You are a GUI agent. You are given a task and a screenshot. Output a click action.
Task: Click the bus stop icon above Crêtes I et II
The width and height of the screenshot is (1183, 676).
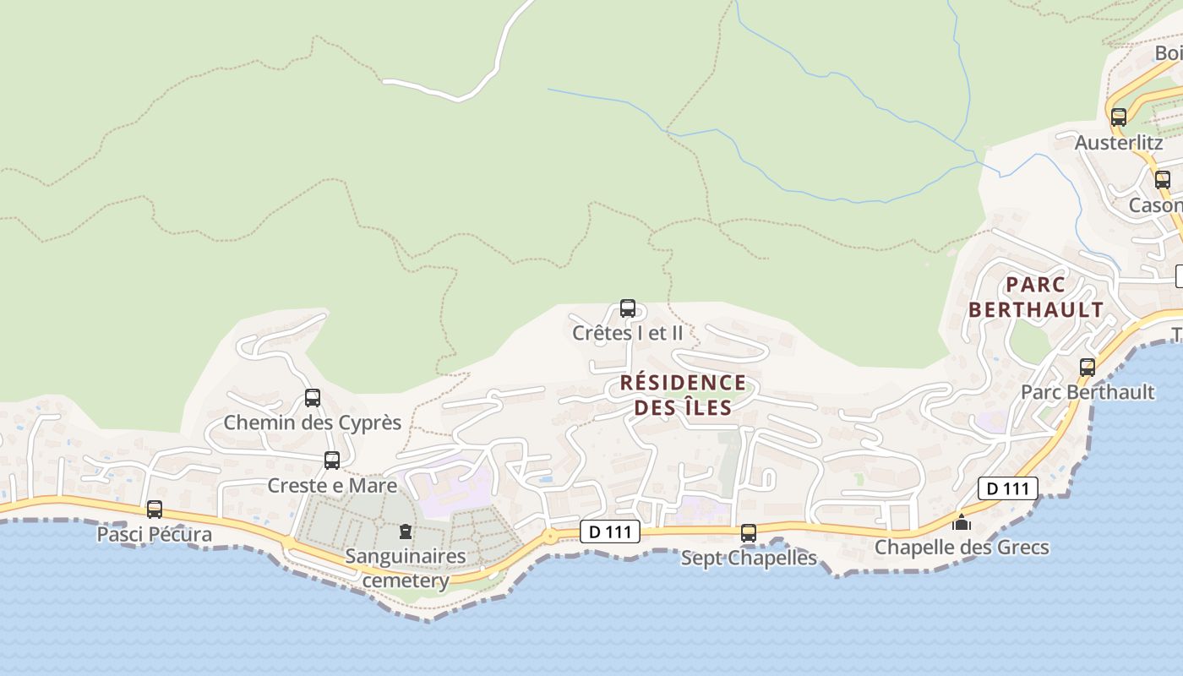tap(627, 308)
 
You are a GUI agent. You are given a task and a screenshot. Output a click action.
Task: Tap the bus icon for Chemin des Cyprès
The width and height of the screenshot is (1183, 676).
tap(313, 398)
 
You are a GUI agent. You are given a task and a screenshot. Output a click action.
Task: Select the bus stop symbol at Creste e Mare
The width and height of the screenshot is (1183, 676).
tap(332, 461)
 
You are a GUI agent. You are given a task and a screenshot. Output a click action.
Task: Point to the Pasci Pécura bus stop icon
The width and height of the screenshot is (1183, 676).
tap(154, 510)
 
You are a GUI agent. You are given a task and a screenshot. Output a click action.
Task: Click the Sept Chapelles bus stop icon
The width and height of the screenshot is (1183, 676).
tap(748, 533)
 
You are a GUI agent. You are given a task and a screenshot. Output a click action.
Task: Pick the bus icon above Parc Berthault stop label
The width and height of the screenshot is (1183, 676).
tap(1088, 368)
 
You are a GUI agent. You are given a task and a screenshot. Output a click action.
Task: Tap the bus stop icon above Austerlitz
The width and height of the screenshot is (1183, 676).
tap(1119, 117)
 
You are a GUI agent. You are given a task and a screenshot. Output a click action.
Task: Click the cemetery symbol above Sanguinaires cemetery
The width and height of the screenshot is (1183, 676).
tap(406, 532)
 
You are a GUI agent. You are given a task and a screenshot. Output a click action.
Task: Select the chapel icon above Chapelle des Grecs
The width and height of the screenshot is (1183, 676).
tap(962, 523)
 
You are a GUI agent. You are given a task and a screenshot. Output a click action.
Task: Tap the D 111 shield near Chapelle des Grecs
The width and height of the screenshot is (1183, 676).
tap(1007, 488)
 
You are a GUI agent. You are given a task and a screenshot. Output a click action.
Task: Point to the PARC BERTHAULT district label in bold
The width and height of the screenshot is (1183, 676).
tap(1036, 297)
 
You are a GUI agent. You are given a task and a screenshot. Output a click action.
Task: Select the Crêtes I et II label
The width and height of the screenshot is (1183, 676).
tap(628, 333)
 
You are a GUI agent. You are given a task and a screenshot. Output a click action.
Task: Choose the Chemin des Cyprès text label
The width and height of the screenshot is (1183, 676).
tap(312, 422)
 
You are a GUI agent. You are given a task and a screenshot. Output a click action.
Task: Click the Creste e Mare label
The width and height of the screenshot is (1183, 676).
tap(332, 486)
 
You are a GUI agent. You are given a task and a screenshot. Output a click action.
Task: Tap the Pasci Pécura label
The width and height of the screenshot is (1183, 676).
tap(154, 535)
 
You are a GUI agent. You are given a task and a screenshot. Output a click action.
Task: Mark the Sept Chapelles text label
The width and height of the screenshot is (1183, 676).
tap(749, 559)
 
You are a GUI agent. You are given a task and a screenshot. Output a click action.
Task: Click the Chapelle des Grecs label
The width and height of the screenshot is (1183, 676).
tap(962, 548)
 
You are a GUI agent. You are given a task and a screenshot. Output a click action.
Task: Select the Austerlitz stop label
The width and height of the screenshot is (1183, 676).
tap(1119, 143)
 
